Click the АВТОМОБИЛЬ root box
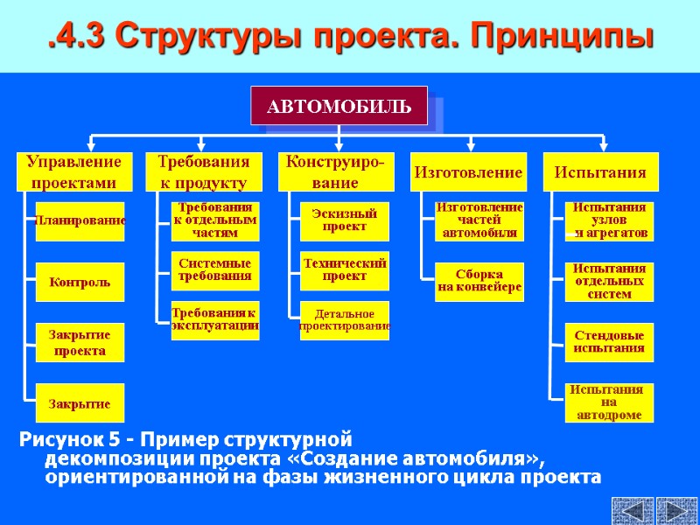pyautogui.click(x=339, y=106)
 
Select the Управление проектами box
pyautogui.click(x=73, y=171)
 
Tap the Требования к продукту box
pyautogui.click(x=203, y=171)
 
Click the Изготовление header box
pyautogui.click(x=467, y=172)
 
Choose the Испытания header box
pyautogui.click(x=600, y=172)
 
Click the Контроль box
pyautogui.click(x=80, y=283)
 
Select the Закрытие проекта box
pyautogui.click(x=80, y=343)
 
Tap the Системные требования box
pyautogui.click(x=214, y=269)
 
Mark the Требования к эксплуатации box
pyautogui.click(x=214, y=318)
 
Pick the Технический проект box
pyautogui.click(x=344, y=269)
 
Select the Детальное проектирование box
pyautogui.click(x=344, y=320)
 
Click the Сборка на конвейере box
pyautogui.click(x=479, y=281)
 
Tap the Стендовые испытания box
pyautogui.click(x=609, y=342)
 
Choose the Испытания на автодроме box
pyautogui.click(x=609, y=402)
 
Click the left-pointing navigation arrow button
pyautogui.click(x=632, y=511)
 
